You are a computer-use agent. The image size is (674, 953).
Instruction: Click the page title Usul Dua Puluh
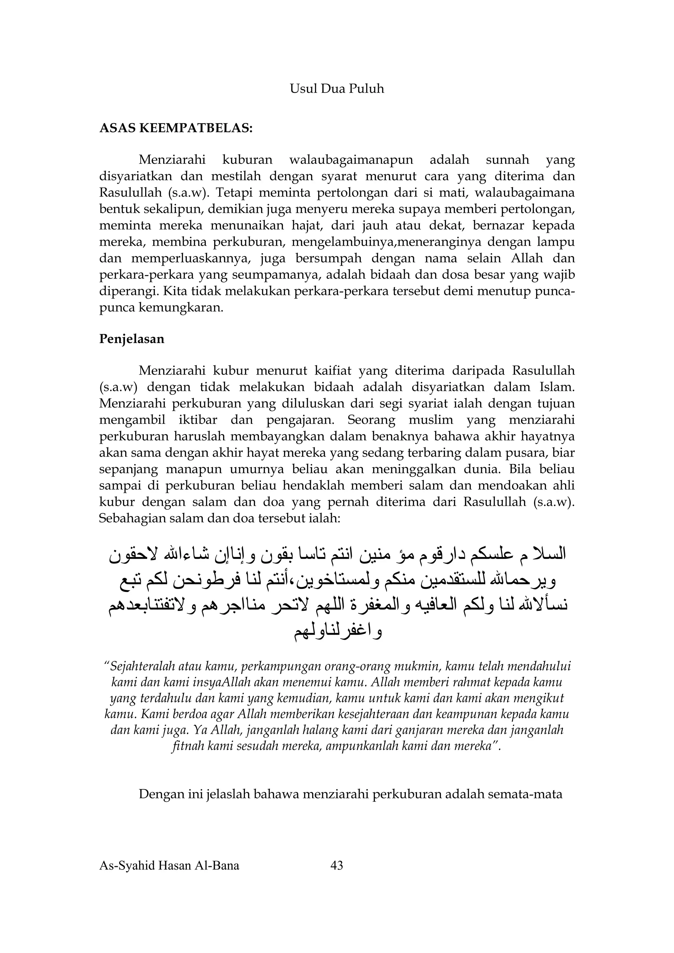(x=337, y=89)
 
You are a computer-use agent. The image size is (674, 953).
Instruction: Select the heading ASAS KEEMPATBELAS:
(x=176, y=128)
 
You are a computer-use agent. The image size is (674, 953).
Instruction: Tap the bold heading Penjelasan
(x=132, y=339)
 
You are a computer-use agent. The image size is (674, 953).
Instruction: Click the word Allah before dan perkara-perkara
(x=527, y=258)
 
